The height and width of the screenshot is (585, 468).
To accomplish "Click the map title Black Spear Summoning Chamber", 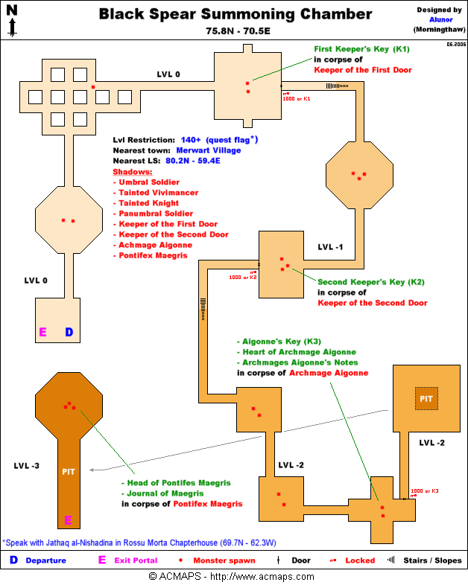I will pyautogui.click(x=235, y=14).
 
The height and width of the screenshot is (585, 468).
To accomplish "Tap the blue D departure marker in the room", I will pyautogui.click(x=69, y=332).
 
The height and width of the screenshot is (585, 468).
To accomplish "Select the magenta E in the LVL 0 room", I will pyautogui.click(x=43, y=332).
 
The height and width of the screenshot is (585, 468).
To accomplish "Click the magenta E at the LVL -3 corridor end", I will pyautogui.click(x=68, y=520).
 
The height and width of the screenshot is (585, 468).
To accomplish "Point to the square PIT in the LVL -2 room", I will pyautogui.click(x=426, y=399).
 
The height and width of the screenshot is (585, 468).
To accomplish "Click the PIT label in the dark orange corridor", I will pyautogui.click(x=68, y=472).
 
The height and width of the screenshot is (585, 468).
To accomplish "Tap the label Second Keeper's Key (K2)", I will pyautogui.click(x=371, y=282).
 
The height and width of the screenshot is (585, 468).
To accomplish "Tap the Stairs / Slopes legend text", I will pyautogui.click(x=432, y=560).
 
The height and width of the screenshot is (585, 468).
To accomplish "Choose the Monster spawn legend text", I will pyautogui.click(x=224, y=560).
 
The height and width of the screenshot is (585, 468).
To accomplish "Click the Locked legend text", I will pyautogui.click(x=361, y=560).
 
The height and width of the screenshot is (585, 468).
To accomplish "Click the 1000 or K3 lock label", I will pyautogui.click(x=424, y=491).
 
